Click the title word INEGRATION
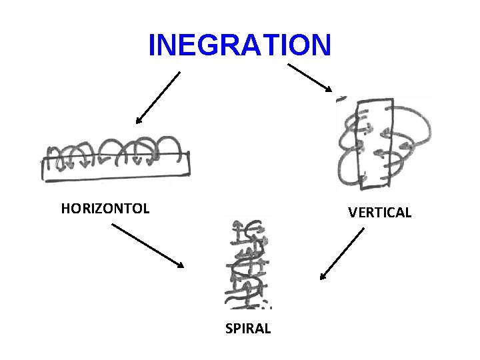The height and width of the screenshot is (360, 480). click(239, 45)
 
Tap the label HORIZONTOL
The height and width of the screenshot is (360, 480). click(105, 209)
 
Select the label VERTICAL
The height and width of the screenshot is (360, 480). click(379, 213)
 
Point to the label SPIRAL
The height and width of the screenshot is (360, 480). click(248, 329)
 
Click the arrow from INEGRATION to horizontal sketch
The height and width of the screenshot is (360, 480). click(158, 97)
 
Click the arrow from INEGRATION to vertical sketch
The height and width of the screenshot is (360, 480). click(309, 77)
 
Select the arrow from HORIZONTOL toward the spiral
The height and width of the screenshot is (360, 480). click(147, 245)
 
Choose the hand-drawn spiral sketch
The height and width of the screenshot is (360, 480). click(249, 264)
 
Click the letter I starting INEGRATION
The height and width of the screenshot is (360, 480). click(152, 45)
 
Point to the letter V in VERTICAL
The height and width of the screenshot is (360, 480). click(352, 213)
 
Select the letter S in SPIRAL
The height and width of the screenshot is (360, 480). click(229, 329)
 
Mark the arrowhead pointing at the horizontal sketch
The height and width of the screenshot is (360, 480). click(138, 121)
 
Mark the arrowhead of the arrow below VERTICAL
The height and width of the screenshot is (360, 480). click(322, 276)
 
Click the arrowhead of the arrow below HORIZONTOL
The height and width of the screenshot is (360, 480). click(180, 265)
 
